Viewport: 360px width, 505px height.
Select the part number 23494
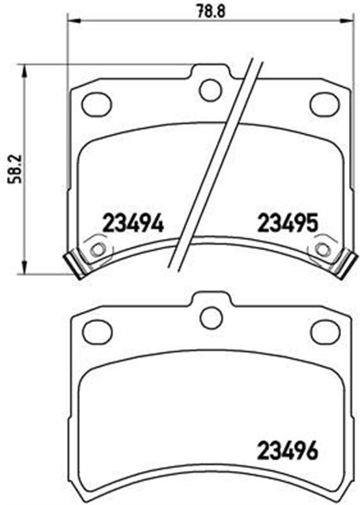click(x=133, y=224)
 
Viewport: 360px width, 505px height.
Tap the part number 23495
click(x=287, y=224)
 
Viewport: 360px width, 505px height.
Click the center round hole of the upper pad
click(x=210, y=90)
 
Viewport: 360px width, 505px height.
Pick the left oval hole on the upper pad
click(x=96, y=103)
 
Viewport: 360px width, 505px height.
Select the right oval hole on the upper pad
click(x=324, y=103)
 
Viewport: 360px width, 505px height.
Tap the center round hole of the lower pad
click(x=210, y=317)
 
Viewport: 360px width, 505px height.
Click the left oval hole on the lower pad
click(x=96, y=331)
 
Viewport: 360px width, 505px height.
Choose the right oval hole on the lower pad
click(x=324, y=331)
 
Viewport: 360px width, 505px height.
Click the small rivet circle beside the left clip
click(x=98, y=249)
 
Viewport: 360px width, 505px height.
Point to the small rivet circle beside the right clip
click(x=322, y=249)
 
